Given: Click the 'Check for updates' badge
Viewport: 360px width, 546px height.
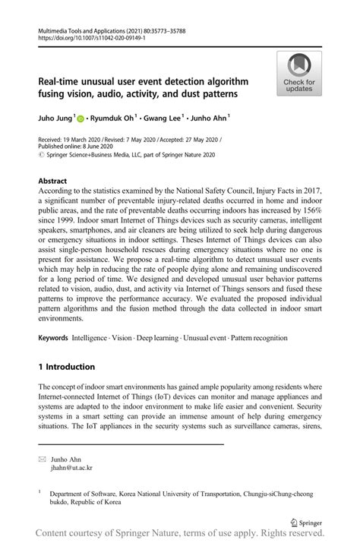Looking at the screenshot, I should [x=299, y=73].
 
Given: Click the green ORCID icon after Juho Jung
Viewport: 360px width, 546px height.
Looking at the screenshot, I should [x=81, y=118].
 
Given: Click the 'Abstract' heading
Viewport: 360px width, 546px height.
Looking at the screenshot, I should [x=56, y=182].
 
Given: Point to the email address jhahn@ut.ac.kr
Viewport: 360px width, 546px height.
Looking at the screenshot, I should [x=71, y=469].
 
